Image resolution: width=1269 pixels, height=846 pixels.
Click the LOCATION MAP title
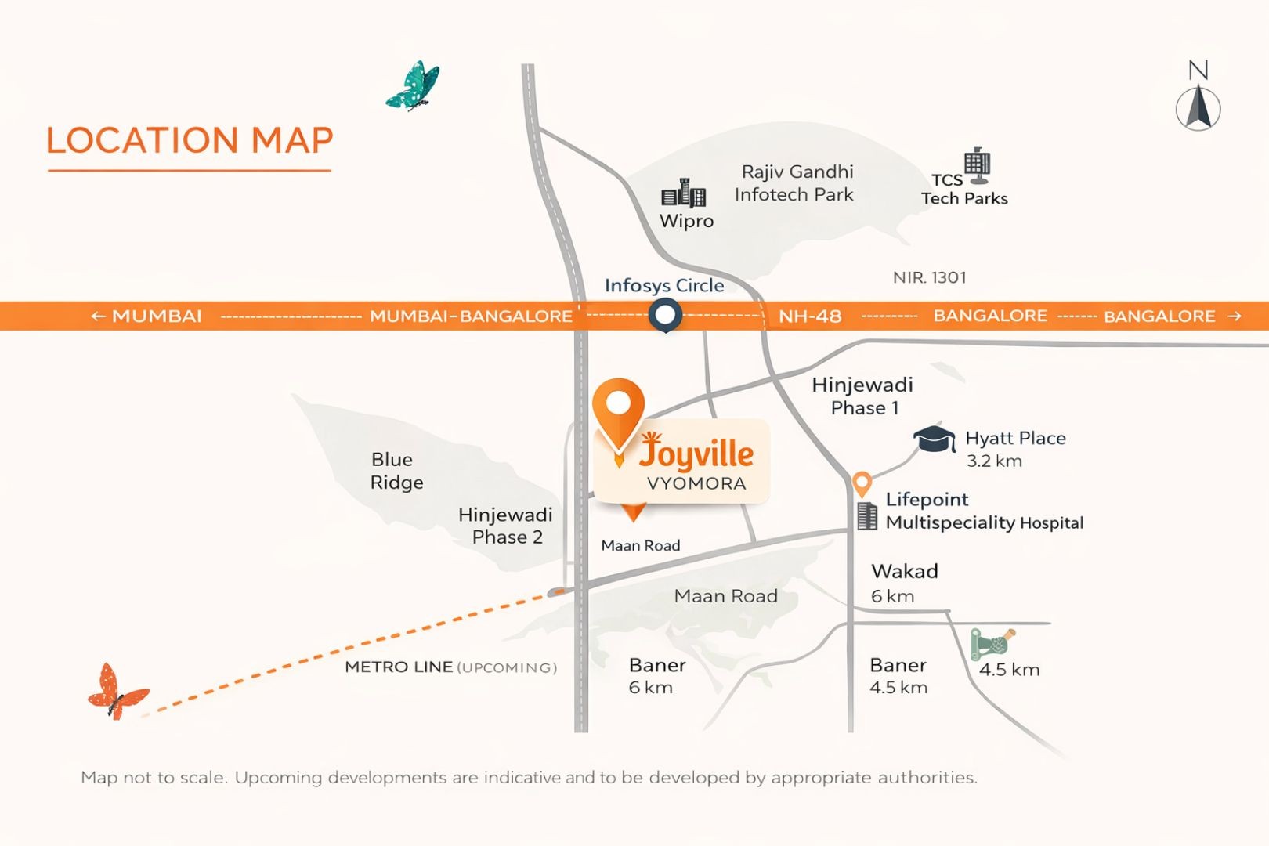(x=190, y=141)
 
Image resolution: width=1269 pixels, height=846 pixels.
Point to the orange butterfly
(x=117, y=692)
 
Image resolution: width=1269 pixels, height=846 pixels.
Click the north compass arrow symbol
(x=1198, y=107)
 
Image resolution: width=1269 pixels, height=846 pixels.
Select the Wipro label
(x=686, y=221)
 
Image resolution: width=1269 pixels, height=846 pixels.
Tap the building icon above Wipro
(x=684, y=193)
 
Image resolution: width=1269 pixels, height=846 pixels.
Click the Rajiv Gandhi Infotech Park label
(x=795, y=183)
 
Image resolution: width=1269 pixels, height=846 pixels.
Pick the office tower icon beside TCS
(x=977, y=164)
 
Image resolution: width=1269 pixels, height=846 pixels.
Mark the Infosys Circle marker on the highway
(x=665, y=316)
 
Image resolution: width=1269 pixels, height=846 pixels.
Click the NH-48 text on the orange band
(x=810, y=316)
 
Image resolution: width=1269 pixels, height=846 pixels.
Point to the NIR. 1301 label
(x=929, y=277)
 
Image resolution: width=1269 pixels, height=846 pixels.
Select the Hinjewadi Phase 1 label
(x=863, y=396)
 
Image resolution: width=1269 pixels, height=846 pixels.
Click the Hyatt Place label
(x=1015, y=439)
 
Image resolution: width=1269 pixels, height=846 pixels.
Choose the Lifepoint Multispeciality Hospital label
(x=984, y=512)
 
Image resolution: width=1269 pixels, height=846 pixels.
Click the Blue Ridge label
(x=396, y=471)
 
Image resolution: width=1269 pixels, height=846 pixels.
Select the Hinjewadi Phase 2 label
(x=506, y=526)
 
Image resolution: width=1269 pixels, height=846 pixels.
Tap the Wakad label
(x=905, y=571)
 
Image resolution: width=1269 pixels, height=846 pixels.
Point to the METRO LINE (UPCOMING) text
(x=450, y=667)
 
